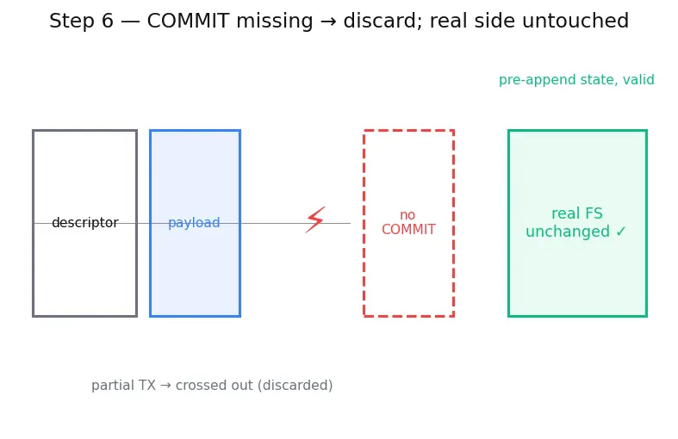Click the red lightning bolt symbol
point(315,219)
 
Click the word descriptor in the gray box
point(84,223)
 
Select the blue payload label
point(194,223)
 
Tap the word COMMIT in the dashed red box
point(408,230)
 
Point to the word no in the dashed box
point(407,214)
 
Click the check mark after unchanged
point(621,232)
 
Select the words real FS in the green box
point(577,213)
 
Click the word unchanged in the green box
point(568,232)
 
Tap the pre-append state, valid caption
point(576,80)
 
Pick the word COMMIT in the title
point(188,21)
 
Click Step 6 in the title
point(81,21)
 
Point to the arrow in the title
point(328,22)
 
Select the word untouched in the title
point(575,21)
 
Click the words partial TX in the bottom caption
point(123,386)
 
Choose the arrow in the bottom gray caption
point(165,386)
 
